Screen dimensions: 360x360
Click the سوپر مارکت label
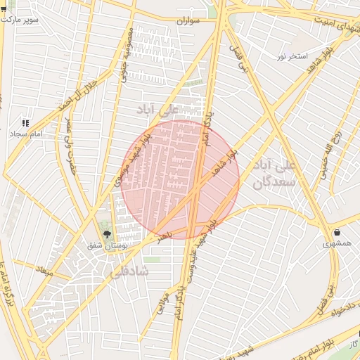[20, 19]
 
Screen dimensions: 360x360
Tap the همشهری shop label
[337, 243]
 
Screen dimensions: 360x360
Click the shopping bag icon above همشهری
[337, 232]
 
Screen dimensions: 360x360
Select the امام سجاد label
[27, 133]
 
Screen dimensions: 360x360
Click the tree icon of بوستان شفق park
[107, 235]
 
